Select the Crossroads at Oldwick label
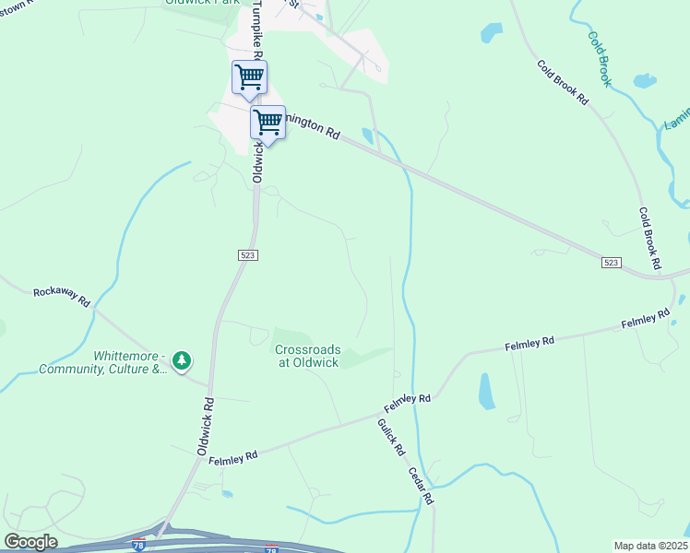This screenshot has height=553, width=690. pos(307,356)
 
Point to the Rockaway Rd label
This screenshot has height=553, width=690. pos(61,297)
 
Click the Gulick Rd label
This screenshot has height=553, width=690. pos(391,437)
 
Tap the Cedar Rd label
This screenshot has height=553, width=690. pos(422,485)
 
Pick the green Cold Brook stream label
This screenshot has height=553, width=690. pos(601,60)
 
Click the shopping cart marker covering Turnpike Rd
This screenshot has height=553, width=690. pos(249,77)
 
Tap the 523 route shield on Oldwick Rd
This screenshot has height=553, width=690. pos(246,254)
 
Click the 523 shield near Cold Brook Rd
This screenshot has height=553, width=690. pos(612,263)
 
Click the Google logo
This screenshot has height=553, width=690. pos(30,541)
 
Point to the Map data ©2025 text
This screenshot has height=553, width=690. pos(650,546)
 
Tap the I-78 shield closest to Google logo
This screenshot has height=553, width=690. pos(137,546)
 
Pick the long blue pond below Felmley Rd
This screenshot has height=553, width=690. pos(485,391)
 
